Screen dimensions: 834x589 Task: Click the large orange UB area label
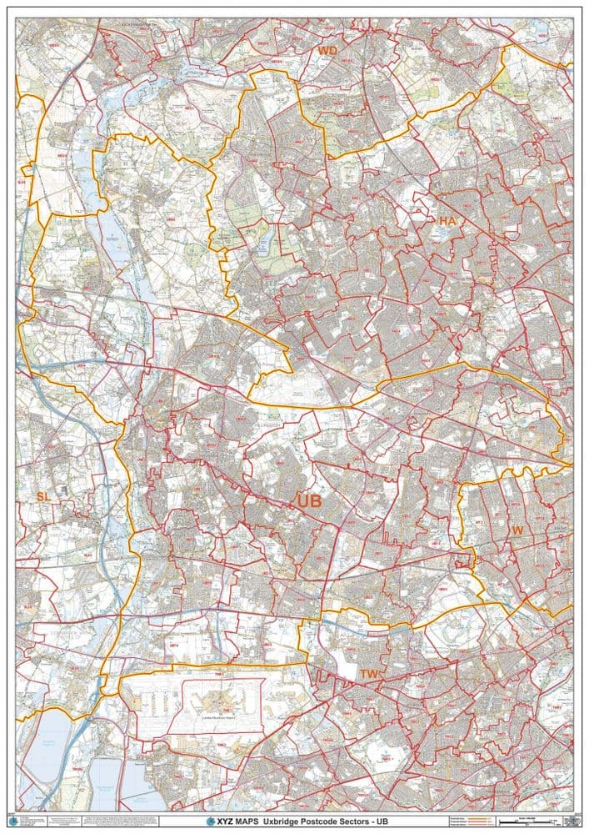coord(308,500)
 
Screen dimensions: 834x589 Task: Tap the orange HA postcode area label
coord(447,220)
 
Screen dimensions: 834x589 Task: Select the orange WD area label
coord(327,51)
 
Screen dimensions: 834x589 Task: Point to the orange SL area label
coord(42,496)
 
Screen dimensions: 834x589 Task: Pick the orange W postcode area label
coord(517,530)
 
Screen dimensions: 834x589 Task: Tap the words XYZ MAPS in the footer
coord(237,821)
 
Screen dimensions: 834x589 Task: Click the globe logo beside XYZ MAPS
coord(211,821)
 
